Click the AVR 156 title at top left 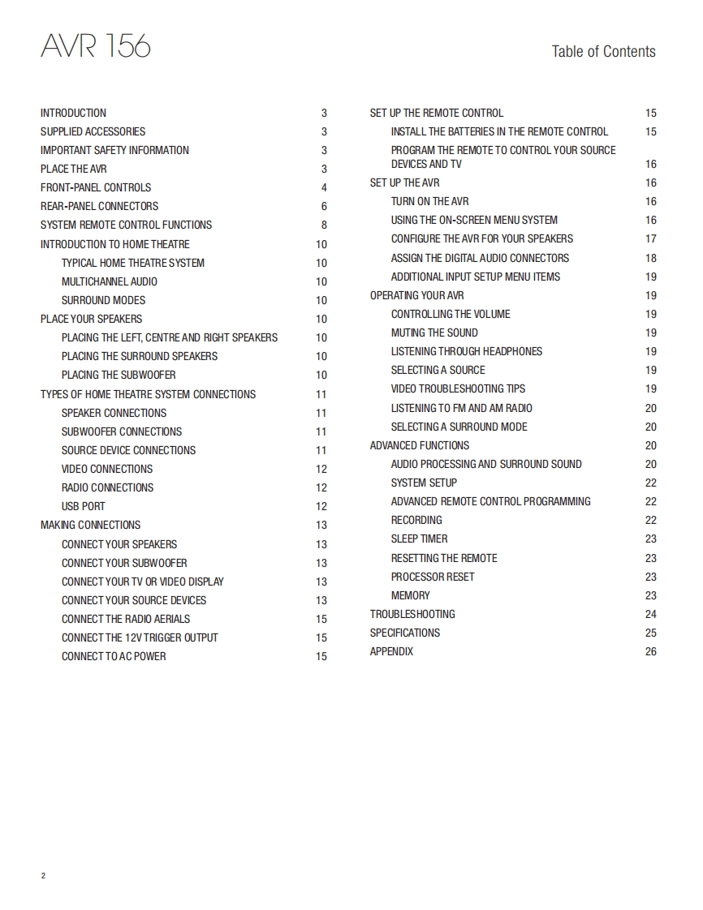pos(95,46)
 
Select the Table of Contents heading pos(603,52)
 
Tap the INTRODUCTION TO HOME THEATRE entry pos(115,244)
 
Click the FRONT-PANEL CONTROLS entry pos(96,187)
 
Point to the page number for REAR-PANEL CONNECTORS pos(324,207)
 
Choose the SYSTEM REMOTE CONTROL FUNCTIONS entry pos(126,225)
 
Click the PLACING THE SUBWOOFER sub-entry pos(119,375)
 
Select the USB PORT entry pos(84,506)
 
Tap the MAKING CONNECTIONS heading pos(90,525)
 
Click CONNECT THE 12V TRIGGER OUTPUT pos(140,637)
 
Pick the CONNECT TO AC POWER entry pos(114,656)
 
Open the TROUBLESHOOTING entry pos(412,614)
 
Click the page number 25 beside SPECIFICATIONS pos(650,633)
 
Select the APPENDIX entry pos(391,651)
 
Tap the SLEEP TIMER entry pos(419,539)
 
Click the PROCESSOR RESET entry pos(433,577)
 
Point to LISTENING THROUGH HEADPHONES pos(467,351)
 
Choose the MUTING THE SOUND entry pos(434,333)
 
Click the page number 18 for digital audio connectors pos(650,259)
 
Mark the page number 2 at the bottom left pos(43,876)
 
